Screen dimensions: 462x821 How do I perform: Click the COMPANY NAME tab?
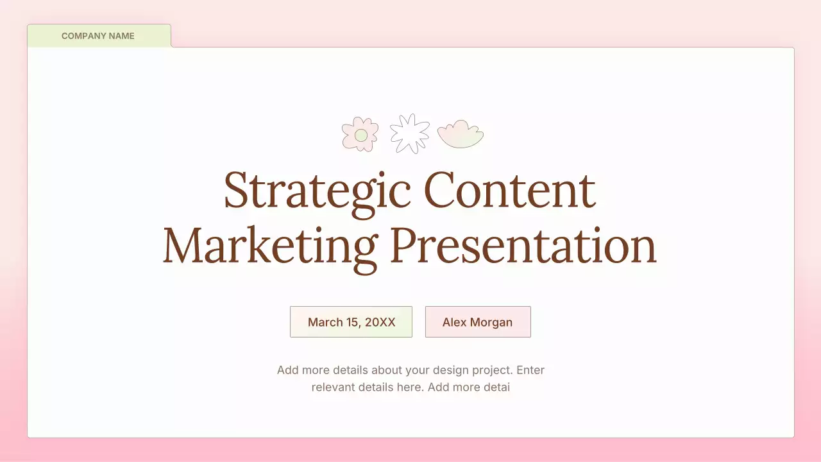pyautogui.click(x=99, y=36)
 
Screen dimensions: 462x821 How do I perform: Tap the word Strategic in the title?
pyautogui.click(x=317, y=191)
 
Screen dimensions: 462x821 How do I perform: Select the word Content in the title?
pyautogui.click(x=510, y=191)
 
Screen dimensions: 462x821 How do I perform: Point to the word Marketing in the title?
pyautogui.click(x=270, y=246)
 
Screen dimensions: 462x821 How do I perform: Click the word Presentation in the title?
pyautogui.click(x=523, y=246)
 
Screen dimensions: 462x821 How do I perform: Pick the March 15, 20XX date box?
pyautogui.click(x=351, y=322)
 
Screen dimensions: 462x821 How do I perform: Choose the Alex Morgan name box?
pyautogui.click(x=478, y=322)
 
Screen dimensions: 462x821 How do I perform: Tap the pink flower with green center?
pyautogui.click(x=360, y=134)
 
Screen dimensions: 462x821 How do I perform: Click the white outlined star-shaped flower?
pyautogui.click(x=409, y=133)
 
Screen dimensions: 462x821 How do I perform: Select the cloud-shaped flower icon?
pyautogui.click(x=460, y=134)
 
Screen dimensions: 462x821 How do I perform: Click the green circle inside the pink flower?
pyautogui.click(x=361, y=135)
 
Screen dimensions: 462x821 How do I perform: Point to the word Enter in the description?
pyautogui.click(x=530, y=370)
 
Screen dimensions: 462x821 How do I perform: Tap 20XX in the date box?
pyautogui.click(x=380, y=322)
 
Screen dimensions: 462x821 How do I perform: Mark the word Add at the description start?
pyautogui.click(x=287, y=370)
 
